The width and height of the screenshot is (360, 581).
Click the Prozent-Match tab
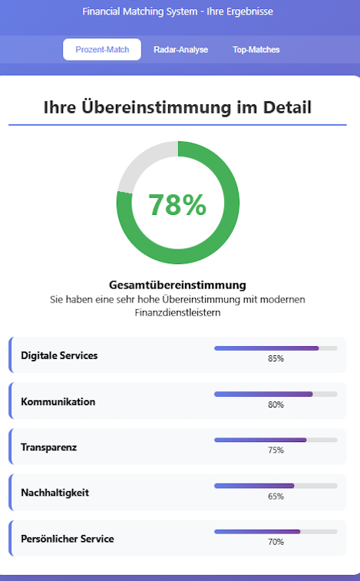click(102, 49)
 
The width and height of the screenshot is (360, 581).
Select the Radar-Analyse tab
click(181, 49)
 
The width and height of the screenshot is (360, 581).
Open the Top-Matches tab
click(256, 49)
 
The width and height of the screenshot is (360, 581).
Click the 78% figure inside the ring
click(177, 204)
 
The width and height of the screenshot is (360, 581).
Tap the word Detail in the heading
click(287, 107)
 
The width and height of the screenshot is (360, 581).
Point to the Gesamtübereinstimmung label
click(177, 285)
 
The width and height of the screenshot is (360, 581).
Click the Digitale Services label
click(59, 355)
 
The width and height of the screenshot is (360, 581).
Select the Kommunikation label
click(58, 401)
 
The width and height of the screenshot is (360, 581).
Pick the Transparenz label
click(49, 447)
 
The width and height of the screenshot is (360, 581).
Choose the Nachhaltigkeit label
click(54, 493)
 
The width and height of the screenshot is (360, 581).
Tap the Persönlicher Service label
click(68, 538)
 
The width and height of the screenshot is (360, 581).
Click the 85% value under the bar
click(276, 358)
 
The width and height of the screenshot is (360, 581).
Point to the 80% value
click(276, 404)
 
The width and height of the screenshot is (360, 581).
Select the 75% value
click(276, 450)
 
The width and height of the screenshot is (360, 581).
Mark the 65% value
click(276, 496)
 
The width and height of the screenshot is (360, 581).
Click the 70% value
click(276, 542)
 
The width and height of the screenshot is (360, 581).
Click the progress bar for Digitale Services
click(276, 348)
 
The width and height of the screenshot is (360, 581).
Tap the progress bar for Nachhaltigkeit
click(276, 486)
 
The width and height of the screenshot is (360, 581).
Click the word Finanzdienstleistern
click(177, 312)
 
